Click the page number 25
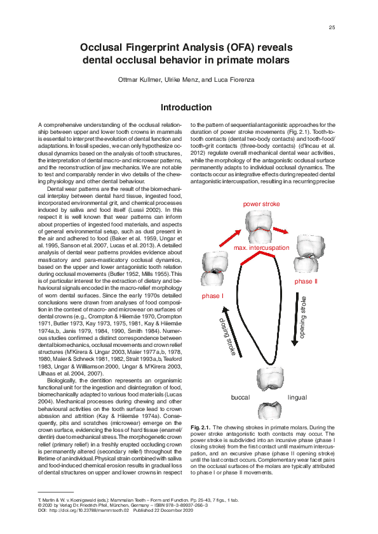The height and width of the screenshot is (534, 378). tap(332, 28)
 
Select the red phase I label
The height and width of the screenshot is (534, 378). tap(212, 296)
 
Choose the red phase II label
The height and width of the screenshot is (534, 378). tap(306, 281)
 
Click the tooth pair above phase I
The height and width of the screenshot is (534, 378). tap(213, 267)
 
